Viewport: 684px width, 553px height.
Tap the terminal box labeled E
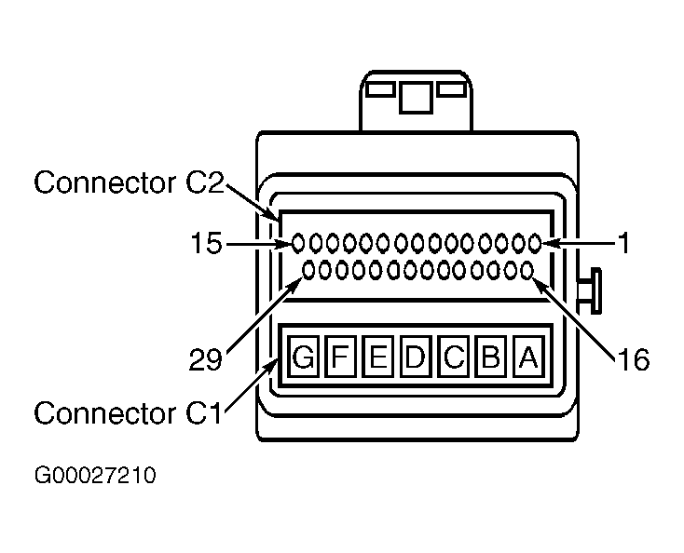pyautogui.click(x=377, y=356)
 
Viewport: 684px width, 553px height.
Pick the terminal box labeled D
pyautogui.click(x=416, y=356)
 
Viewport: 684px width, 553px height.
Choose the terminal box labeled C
pyautogui.click(x=453, y=356)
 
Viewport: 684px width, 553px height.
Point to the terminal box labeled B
pyautogui.click(x=491, y=356)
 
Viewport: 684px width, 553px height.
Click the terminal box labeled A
pyautogui.click(x=528, y=356)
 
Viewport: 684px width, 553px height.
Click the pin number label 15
pyautogui.click(x=206, y=243)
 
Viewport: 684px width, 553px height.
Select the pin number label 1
pyautogui.click(x=624, y=243)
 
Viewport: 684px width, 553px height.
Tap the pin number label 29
pyautogui.click(x=205, y=360)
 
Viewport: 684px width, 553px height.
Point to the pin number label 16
pyautogui.click(x=633, y=360)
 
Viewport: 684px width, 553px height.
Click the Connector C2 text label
pyautogui.click(x=130, y=182)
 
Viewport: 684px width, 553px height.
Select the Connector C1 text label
pyautogui.click(x=128, y=412)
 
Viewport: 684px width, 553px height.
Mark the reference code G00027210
pyautogui.click(x=95, y=475)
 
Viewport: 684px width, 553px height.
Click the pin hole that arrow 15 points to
pyautogui.click(x=298, y=243)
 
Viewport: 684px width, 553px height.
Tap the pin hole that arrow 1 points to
pyautogui.click(x=535, y=243)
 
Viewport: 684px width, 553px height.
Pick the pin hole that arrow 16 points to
pyautogui.click(x=527, y=271)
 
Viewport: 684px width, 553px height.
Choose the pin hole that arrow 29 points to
pyautogui.click(x=308, y=271)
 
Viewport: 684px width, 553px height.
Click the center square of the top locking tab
pyautogui.click(x=416, y=97)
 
